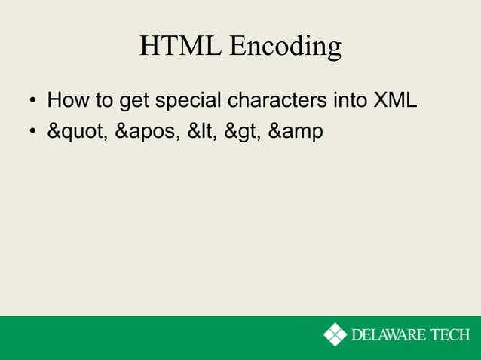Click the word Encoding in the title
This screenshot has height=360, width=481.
click(285, 48)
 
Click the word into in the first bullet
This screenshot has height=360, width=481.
click(346, 100)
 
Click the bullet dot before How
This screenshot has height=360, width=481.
click(32, 102)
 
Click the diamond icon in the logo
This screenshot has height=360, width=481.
click(335, 334)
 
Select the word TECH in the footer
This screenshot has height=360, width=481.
click(452, 334)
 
